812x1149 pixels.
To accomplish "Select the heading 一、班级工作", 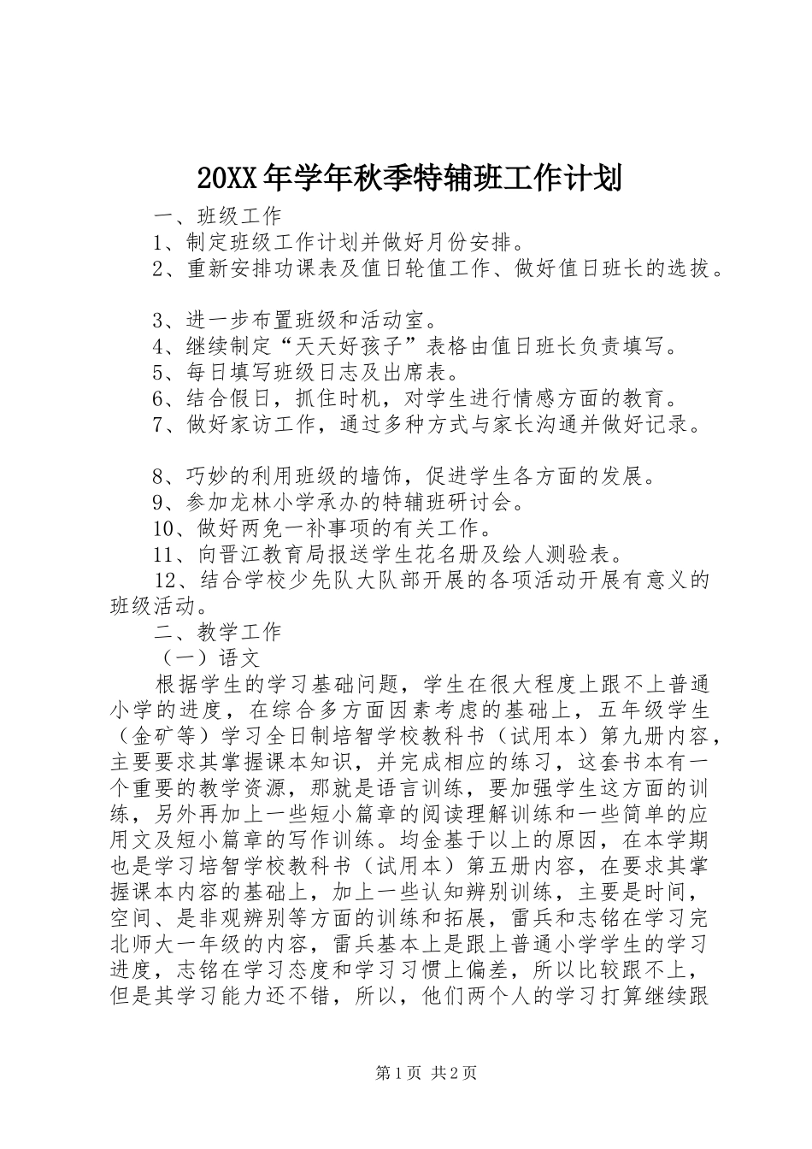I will [x=217, y=214].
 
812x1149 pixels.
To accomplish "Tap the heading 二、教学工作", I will [x=217, y=632].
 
